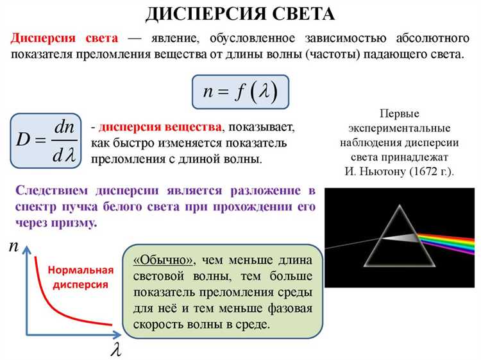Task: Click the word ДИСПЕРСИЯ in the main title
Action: tap(206, 14)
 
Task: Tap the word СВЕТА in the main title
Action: tap(304, 14)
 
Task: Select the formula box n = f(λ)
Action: tap(240, 92)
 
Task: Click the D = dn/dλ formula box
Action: tap(46, 141)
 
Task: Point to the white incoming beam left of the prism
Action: tap(353, 243)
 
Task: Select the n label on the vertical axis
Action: tap(13, 246)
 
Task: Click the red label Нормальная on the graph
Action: tap(81, 270)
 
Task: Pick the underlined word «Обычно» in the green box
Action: tap(164, 261)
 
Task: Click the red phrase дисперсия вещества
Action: tap(160, 127)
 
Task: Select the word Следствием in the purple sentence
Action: tap(51, 191)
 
